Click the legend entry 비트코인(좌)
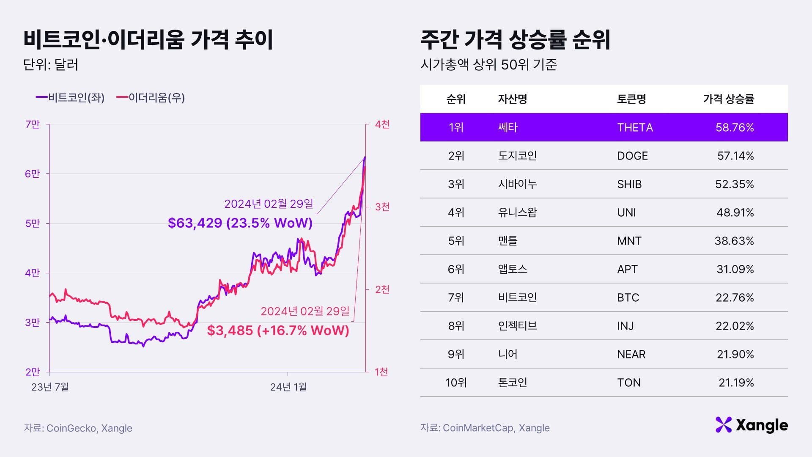point(70,98)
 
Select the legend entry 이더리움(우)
point(151,98)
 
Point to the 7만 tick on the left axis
point(33,124)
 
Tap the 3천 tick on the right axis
point(382,207)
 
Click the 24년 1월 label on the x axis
point(288,387)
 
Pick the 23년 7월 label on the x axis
point(50,387)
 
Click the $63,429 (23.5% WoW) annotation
point(240,223)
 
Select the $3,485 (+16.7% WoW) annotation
point(278,330)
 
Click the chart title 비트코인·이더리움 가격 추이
point(148,40)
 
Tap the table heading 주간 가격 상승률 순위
point(515,40)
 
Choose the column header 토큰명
point(631,99)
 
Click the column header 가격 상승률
point(728,99)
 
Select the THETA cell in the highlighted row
point(635,127)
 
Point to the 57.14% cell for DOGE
point(735,156)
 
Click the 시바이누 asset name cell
point(517,184)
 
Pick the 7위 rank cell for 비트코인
point(456,297)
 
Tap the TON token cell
point(629,383)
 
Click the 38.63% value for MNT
point(734,241)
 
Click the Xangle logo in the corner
point(752,425)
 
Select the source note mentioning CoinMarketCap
point(485,428)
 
